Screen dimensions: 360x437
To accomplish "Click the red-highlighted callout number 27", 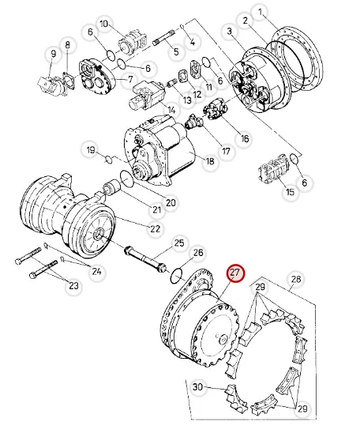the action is [x=235, y=273].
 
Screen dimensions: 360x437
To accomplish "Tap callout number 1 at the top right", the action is [x=261, y=13].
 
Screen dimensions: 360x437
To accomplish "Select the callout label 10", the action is [x=103, y=24].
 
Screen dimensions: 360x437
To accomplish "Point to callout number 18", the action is [x=210, y=160].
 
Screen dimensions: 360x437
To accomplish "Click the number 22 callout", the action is [x=155, y=229].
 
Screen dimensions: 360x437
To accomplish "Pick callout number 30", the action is [x=197, y=387].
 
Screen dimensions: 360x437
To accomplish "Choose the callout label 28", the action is [x=296, y=279].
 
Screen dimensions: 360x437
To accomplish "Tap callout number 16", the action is [x=245, y=138].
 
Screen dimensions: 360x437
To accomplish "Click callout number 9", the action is [x=53, y=54].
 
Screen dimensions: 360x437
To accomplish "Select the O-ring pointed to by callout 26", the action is [x=176, y=276].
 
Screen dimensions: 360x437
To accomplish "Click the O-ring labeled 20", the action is [x=127, y=179].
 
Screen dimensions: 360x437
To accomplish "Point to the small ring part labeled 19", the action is [x=109, y=160].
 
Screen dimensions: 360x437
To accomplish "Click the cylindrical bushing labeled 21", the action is [x=111, y=188].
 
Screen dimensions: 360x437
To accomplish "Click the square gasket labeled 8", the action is [x=69, y=81].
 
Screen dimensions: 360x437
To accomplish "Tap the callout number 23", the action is [x=73, y=286].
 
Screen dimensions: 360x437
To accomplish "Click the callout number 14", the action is [x=172, y=111].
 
